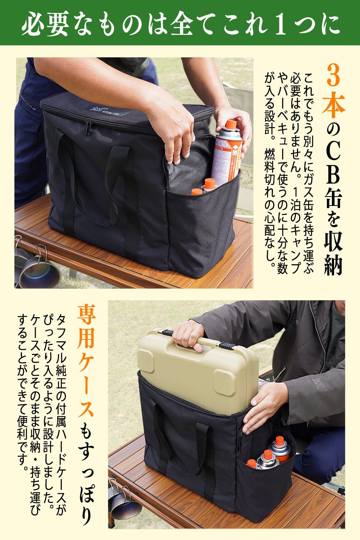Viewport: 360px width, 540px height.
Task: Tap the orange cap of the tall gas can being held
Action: click(230, 125)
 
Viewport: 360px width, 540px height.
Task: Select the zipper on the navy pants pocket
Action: click(27, 103)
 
